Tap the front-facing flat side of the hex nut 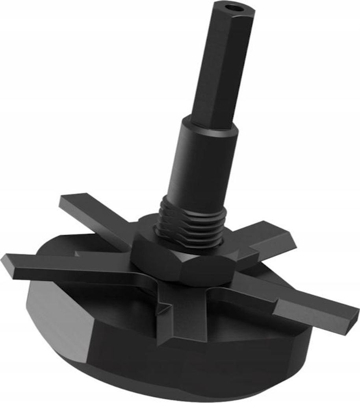tap(205, 272)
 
